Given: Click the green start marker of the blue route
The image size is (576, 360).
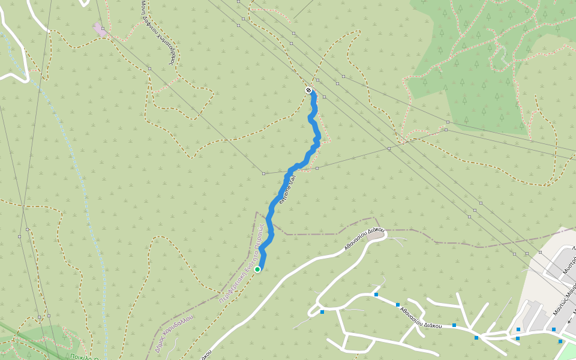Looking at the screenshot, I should [x=257, y=269].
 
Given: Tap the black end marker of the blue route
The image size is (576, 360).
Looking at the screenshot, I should [x=308, y=91].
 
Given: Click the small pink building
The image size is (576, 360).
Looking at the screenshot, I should [x=99, y=28].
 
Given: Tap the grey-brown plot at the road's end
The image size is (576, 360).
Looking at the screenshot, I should [x=376, y=235].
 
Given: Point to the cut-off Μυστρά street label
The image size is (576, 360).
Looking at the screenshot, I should [x=569, y=265].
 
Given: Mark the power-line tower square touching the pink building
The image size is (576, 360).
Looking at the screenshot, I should [x=103, y=29].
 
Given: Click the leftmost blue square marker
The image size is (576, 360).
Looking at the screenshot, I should [x=322, y=312].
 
